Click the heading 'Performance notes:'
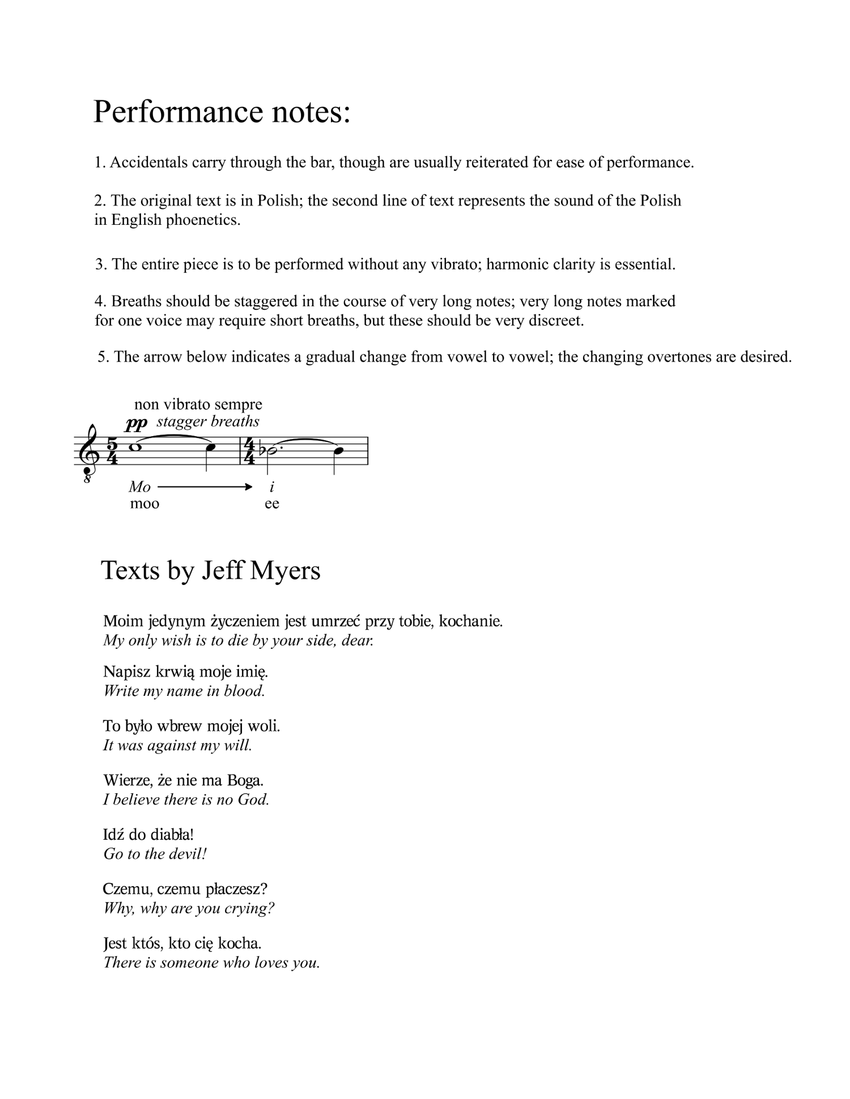click(x=222, y=112)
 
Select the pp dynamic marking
click(x=136, y=423)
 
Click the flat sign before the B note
click(x=262, y=450)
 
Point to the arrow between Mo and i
click(x=205, y=486)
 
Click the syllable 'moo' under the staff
click(x=144, y=503)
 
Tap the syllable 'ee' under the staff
click(x=272, y=503)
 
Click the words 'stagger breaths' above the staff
click(x=208, y=421)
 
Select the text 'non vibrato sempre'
click(x=198, y=404)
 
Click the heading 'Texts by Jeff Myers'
click(x=210, y=570)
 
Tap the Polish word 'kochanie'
click(x=471, y=621)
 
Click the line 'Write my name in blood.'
click(x=184, y=691)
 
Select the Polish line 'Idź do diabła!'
click(x=148, y=835)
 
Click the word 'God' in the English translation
click(x=256, y=799)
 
